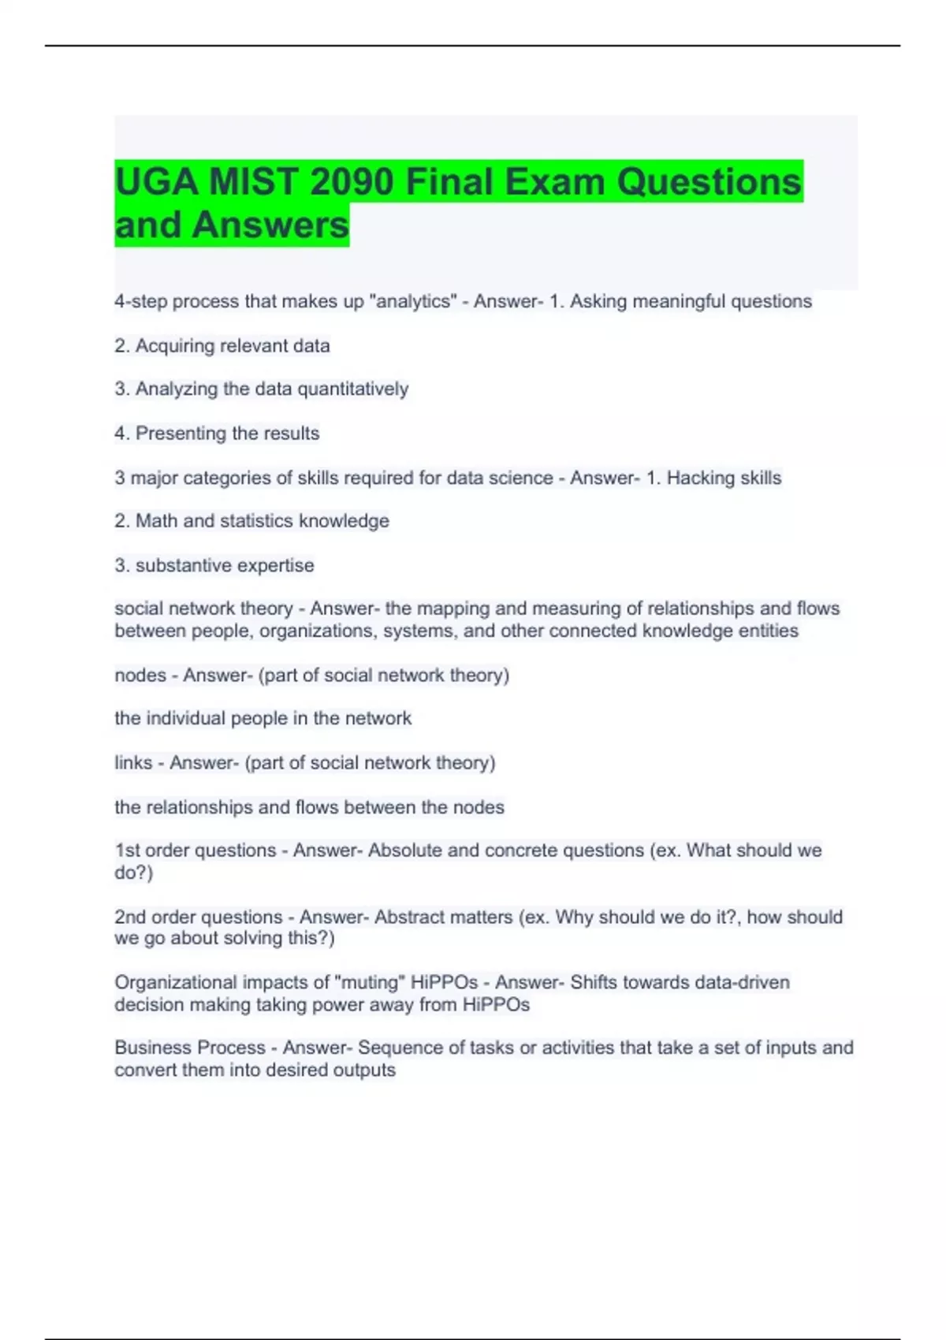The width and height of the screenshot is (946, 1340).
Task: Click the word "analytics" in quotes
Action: [x=413, y=301]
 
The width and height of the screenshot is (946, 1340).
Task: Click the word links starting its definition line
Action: [x=133, y=762]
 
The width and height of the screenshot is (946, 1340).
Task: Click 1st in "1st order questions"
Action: [x=127, y=851]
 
